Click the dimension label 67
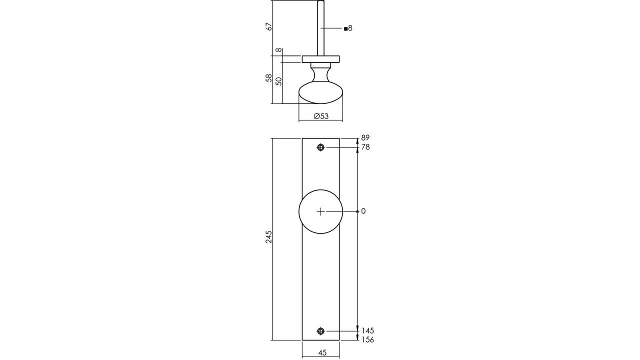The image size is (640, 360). (269, 27)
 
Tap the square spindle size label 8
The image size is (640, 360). (348, 28)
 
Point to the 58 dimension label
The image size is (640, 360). (269, 78)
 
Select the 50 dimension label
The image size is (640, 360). (278, 81)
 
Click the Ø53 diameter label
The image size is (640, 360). (321, 116)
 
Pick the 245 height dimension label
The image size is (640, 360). (269, 236)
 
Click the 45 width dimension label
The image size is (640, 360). (322, 353)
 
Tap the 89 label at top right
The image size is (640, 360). (365, 137)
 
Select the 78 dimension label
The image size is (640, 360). (365, 147)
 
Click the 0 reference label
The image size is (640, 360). (363, 211)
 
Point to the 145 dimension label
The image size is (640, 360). (367, 330)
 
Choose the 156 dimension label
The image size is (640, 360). (367, 339)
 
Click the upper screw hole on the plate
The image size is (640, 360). (321, 147)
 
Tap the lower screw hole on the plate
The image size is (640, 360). (321, 331)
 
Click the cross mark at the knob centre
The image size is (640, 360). (321, 211)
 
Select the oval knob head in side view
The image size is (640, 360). (321, 92)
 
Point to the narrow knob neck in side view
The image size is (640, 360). (321, 74)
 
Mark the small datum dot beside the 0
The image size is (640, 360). (357, 211)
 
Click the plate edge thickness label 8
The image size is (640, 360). (278, 50)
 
